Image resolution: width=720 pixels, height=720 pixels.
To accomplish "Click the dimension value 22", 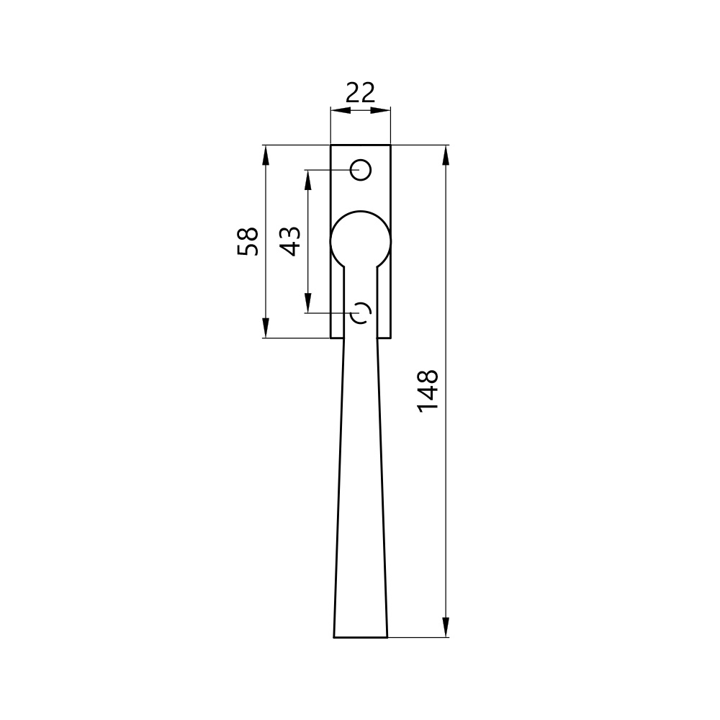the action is (x=361, y=92).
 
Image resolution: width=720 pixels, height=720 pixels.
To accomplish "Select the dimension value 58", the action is (x=248, y=241).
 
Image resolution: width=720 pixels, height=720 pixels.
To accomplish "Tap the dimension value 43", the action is (x=291, y=241).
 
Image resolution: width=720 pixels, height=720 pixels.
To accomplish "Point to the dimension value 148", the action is (x=428, y=390).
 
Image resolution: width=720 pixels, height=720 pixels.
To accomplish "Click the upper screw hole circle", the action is (x=361, y=171).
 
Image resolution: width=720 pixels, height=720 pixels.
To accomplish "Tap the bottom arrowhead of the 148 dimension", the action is (x=445, y=627).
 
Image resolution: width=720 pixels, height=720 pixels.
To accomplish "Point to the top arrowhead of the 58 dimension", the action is (x=265, y=155).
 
